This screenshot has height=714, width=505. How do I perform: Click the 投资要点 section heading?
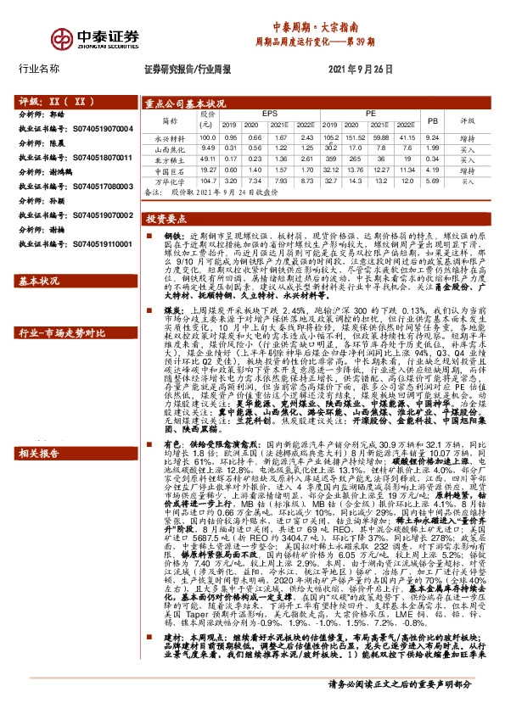coord(165,218)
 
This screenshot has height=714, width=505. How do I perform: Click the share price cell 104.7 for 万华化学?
coord(207,181)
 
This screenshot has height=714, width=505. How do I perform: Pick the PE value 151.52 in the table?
coord(356,137)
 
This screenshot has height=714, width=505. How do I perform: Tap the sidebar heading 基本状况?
coord(38,280)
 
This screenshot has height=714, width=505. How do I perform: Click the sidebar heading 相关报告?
coord(38,452)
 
